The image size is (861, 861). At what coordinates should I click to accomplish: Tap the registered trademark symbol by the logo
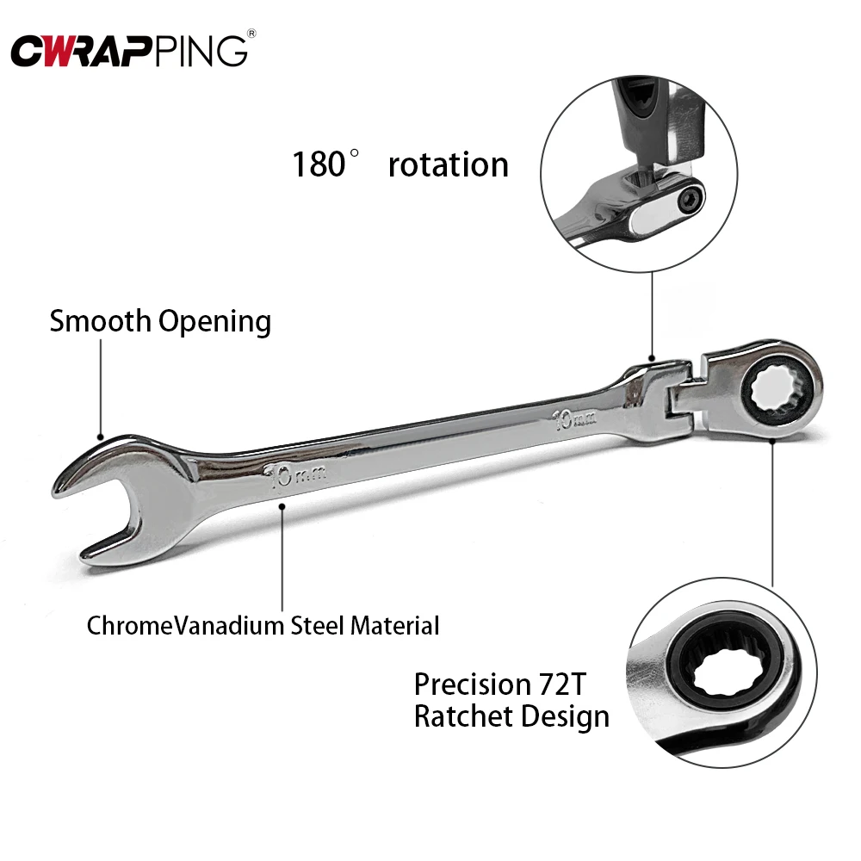[x=251, y=34]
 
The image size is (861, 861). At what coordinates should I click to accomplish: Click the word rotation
[x=448, y=164]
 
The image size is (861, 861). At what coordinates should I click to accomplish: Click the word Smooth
[x=101, y=321]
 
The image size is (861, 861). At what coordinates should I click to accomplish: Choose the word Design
[x=568, y=716]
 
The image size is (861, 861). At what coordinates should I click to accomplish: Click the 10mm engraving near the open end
[x=290, y=476]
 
